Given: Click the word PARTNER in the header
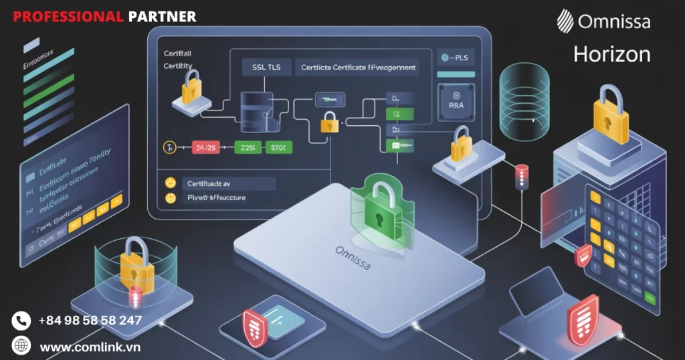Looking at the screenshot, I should (162, 16).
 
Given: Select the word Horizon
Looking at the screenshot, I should (611, 54).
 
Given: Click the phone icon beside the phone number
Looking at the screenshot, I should (21, 321).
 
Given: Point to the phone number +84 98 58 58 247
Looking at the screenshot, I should (90, 321).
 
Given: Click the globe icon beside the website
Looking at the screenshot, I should (21, 346).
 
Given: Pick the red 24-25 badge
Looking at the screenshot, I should (205, 147).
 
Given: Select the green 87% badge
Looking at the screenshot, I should (276, 147).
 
